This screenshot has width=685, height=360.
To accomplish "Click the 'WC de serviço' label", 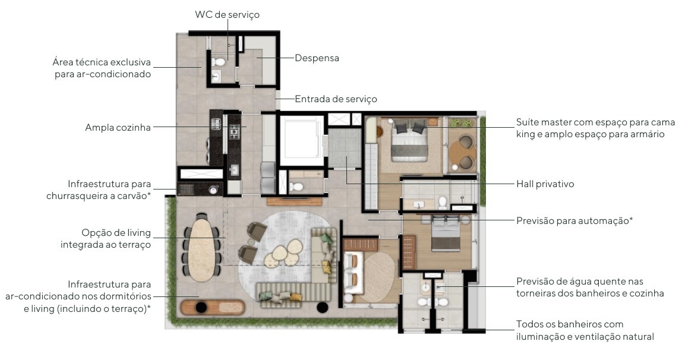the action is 227,14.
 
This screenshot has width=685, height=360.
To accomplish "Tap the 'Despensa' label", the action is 317,58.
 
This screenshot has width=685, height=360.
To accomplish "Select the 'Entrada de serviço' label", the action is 336,99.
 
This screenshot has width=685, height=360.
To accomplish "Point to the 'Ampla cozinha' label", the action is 118,128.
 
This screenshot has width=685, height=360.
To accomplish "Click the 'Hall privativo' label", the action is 545,184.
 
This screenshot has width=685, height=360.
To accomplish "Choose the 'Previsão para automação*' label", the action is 574,220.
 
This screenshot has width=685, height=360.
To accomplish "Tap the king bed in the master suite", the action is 410,140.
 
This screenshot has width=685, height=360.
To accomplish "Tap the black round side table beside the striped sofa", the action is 323,308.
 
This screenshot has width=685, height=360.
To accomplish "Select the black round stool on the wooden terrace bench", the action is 201,308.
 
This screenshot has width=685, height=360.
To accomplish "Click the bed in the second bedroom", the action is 446,233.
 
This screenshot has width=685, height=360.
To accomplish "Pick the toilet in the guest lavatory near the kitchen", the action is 297,187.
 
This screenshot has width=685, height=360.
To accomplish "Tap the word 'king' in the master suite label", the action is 526,134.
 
